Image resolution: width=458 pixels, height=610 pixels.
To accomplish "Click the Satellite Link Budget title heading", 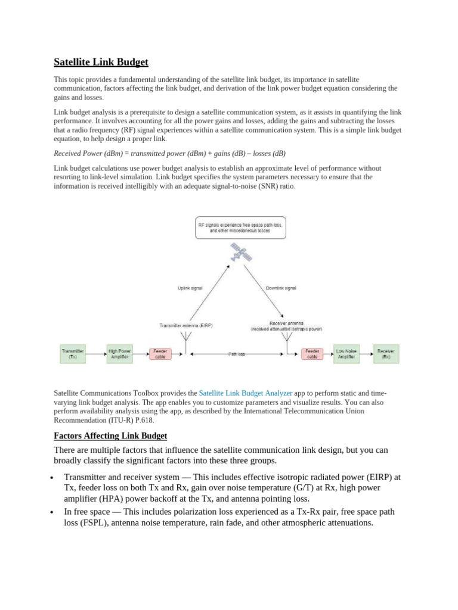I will coord(101,62).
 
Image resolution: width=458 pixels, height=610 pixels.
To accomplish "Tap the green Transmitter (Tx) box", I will coord(73,354).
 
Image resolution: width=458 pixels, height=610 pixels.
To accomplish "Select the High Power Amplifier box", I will coord(119,354).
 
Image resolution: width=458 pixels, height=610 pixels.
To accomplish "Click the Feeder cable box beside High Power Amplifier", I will coord(160,354).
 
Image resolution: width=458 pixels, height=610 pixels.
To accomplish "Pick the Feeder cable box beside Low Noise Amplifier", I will coord(312,354).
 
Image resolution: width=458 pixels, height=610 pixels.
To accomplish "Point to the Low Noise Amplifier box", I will coord(346,354).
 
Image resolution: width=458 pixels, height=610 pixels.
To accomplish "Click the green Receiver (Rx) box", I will coord(386,354).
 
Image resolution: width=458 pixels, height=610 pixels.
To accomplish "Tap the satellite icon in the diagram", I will coord(241,253).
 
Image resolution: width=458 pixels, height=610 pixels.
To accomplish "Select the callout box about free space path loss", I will coord(240,227).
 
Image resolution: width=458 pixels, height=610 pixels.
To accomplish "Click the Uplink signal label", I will coord(190,288).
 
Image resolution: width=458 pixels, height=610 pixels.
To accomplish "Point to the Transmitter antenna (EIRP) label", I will coord(186,325).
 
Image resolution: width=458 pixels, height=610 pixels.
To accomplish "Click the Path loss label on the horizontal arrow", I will coord(236,354).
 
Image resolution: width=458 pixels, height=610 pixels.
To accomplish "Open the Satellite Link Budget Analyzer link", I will coord(245,393).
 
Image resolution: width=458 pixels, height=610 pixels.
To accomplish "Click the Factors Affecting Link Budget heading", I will coord(110,435).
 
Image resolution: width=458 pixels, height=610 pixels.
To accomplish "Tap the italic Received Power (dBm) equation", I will coord(169,153).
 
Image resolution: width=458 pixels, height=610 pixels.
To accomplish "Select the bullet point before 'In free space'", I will coord(53,513).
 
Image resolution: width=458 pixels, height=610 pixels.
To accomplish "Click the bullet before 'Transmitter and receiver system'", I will coord(53,478).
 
